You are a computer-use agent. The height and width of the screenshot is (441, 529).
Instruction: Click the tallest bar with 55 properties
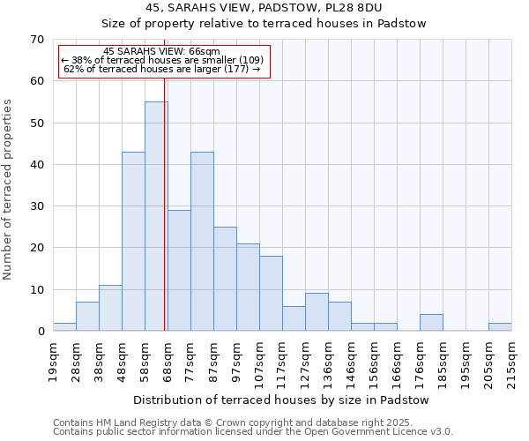click(x=156, y=216)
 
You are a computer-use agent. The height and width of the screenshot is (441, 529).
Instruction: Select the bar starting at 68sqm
click(x=179, y=270)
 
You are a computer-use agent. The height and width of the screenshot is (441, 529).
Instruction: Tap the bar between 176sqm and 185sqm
click(x=431, y=323)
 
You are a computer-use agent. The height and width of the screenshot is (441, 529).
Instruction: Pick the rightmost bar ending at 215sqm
click(x=500, y=327)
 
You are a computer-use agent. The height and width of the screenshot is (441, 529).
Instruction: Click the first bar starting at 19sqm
click(x=64, y=327)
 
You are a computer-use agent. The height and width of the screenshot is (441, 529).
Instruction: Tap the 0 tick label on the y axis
click(x=40, y=332)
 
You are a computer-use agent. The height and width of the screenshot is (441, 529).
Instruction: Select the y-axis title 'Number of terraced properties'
click(x=8, y=189)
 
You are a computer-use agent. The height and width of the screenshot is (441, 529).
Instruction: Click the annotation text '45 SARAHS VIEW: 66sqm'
click(x=161, y=52)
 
